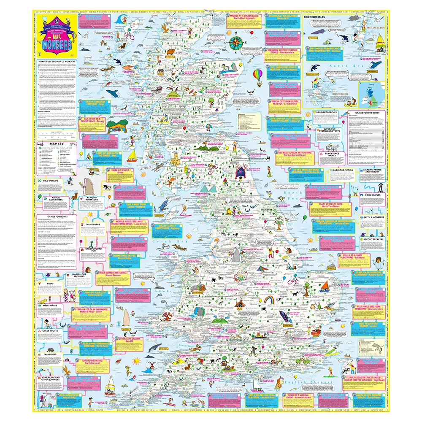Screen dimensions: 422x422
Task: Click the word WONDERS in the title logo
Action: (x=57, y=45)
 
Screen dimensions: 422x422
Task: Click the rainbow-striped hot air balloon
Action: (x=258, y=75)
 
